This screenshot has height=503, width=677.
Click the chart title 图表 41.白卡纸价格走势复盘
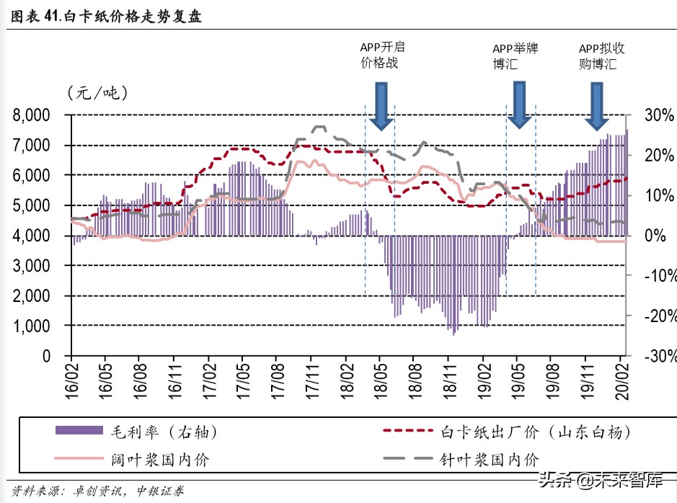click(x=105, y=17)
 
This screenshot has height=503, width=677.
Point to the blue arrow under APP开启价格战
click(x=381, y=105)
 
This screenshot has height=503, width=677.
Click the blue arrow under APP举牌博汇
click(x=518, y=104)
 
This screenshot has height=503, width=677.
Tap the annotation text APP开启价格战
click(x=381, y=55)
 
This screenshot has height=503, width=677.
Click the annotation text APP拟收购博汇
click(x=601, y=55)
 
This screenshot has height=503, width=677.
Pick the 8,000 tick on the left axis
click(x=30, y=115)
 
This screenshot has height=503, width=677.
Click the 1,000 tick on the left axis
click(x=30, y=326)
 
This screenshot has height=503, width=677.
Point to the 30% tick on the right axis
click(x=658, y=115)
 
